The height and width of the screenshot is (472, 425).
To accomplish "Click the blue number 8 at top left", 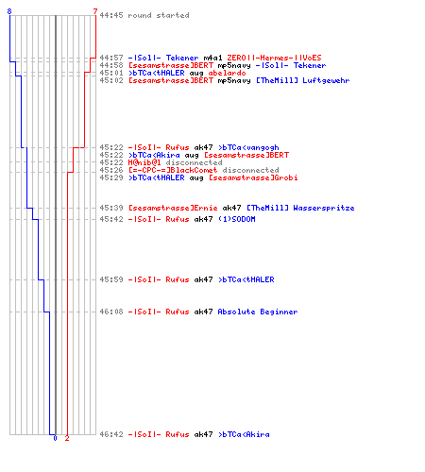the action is pos(9,11).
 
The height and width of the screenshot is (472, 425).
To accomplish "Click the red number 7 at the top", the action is pos(95,11).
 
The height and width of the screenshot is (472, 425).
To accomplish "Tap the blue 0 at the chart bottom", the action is pos(55,438).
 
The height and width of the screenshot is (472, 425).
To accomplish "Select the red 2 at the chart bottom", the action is pos(67,438).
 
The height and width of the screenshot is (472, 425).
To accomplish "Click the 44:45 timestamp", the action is pos(111,15).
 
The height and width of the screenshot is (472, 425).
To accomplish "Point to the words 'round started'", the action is pos(159,15).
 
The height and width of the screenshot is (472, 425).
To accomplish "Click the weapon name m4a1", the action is pos(212,58).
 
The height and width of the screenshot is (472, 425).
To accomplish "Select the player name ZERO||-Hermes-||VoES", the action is pos(274,58).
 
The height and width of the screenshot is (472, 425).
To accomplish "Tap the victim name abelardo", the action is pos(227,73).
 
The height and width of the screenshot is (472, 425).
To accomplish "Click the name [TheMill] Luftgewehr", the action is pos(303,80).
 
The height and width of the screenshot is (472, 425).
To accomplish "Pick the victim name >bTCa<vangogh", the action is pos(248,147).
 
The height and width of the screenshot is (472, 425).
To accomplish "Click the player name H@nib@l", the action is pos(144,162).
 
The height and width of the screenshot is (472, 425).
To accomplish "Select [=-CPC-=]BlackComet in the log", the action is pos(173,170).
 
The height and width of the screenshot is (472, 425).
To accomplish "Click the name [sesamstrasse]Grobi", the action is pos(253,177).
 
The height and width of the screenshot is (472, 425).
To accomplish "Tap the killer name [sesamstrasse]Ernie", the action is pos(173,208).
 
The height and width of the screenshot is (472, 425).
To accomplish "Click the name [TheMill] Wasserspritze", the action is pos(300,208).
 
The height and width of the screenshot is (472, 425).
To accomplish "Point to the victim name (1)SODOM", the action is pos(237,219).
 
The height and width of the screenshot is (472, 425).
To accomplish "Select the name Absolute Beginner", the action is pos(258,312).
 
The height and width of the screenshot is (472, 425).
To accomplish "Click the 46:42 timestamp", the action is pos(111,434).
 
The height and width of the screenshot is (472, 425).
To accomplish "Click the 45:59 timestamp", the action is pos(111,279).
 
